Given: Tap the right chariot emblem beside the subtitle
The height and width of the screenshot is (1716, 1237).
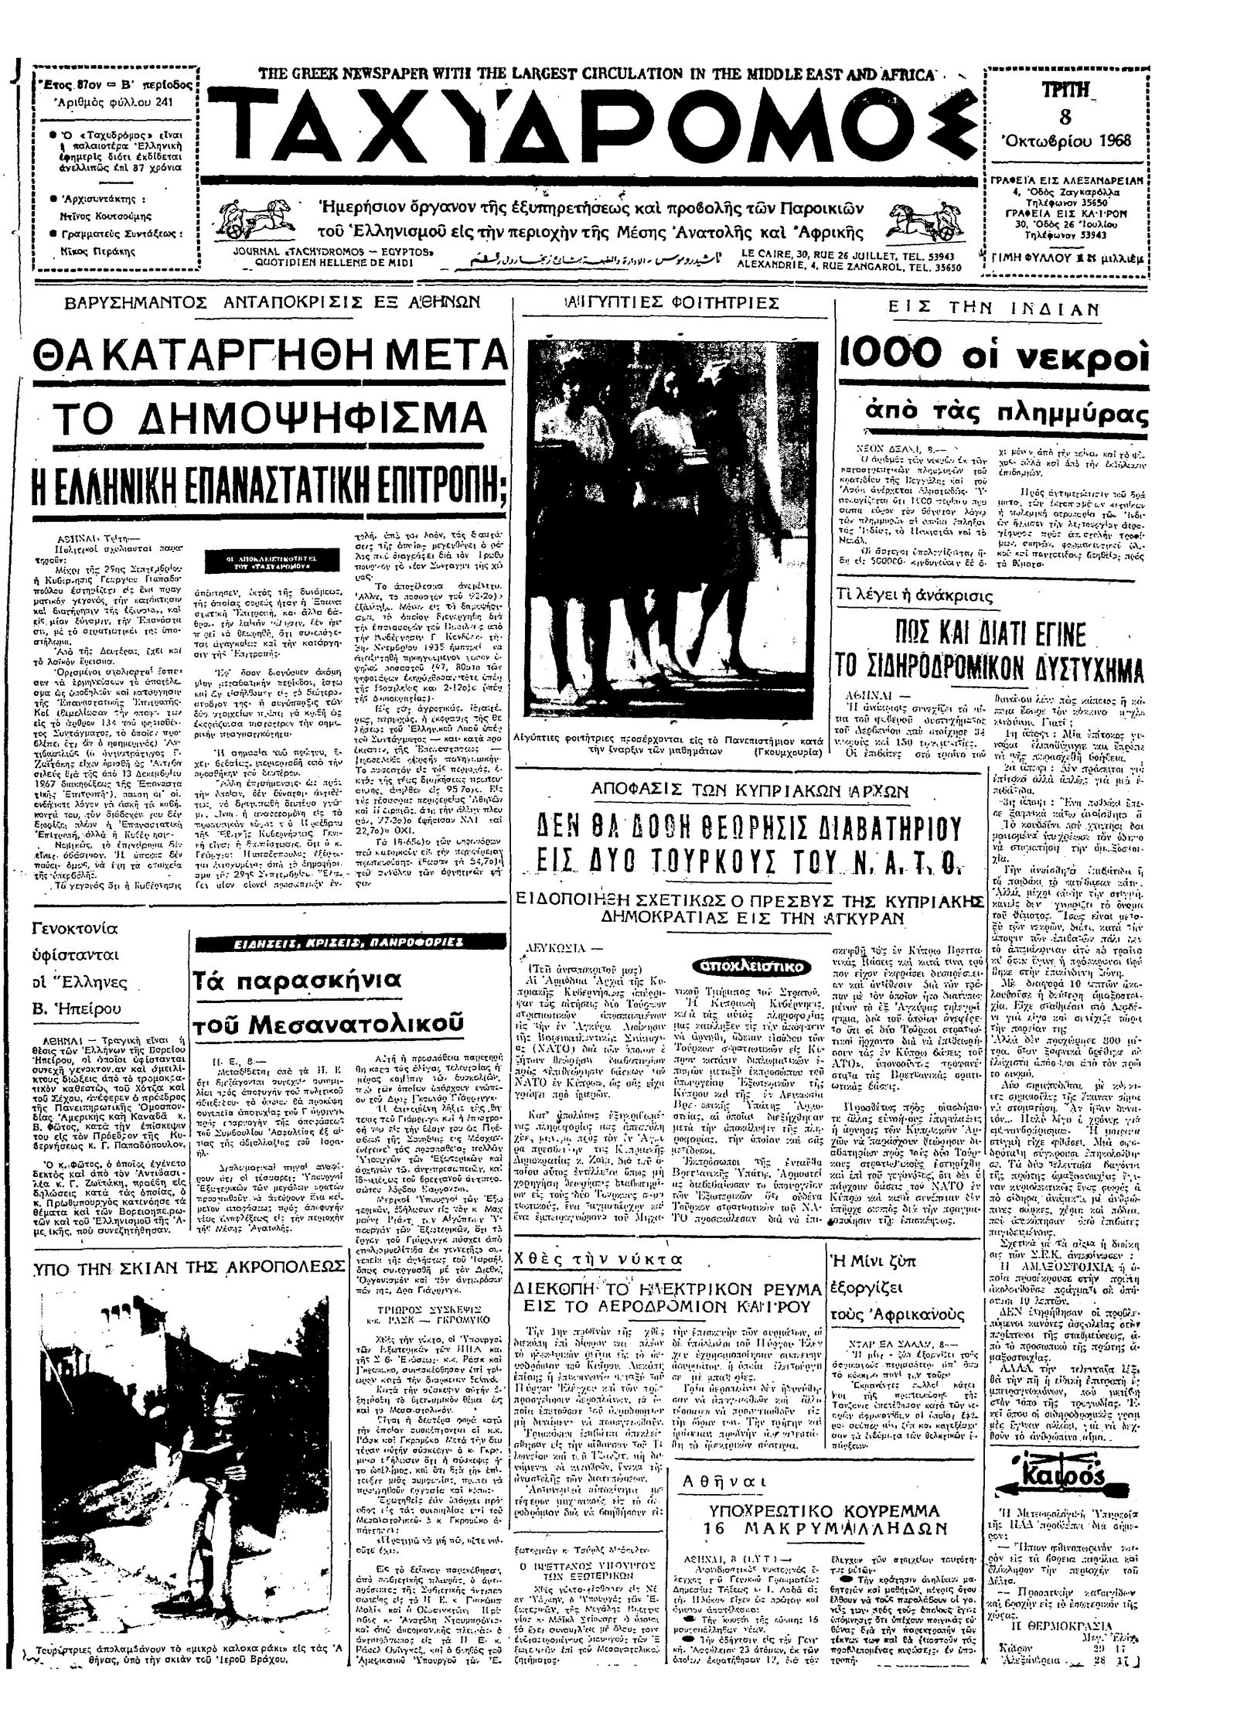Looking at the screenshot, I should point(925,222).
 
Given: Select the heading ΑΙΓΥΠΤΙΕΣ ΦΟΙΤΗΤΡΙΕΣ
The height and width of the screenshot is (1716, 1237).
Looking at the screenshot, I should point(660,304).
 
